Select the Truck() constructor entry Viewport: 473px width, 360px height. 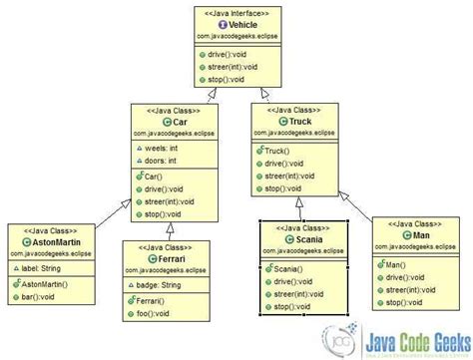click(280, 148)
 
